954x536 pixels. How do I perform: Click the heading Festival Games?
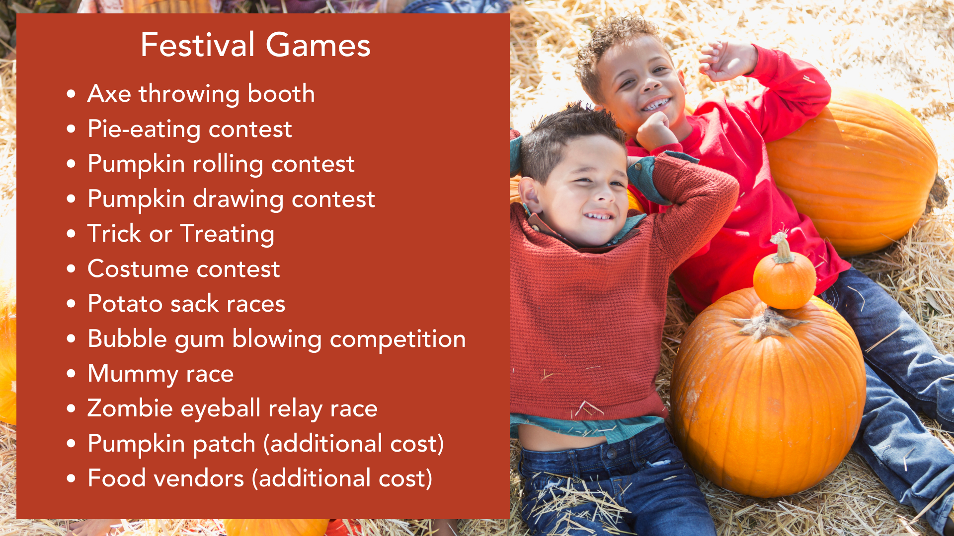pos(255,45)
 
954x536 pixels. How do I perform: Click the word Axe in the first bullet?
pos(109,93)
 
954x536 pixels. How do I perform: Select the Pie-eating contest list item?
pos(190,129)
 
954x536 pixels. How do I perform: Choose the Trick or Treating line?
pos(181,234)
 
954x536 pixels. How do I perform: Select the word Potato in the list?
pos(125,304)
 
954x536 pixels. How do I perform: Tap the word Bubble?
pos(127,339)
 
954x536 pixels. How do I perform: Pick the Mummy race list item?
pos(160,374)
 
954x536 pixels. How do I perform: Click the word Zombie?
pos(130,408)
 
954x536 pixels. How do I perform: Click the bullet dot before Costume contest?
pos(72,269)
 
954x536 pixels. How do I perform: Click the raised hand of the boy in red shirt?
pos(727,61)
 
